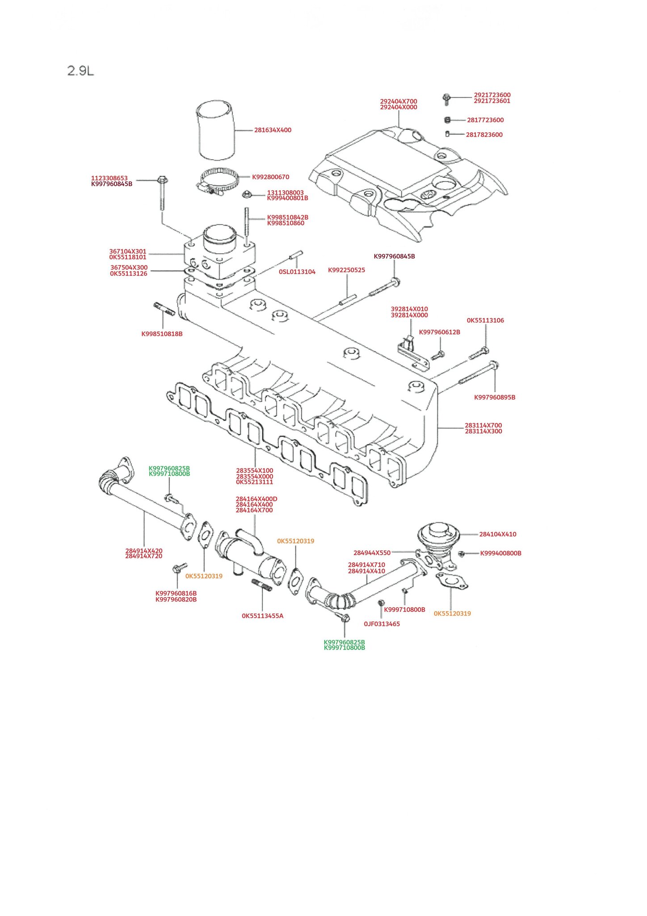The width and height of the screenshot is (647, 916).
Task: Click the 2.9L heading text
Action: [80, 71]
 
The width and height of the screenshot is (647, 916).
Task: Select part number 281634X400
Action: [273, 130]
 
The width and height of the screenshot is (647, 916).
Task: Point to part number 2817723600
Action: [485, 120]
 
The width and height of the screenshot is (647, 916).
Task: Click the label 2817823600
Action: [484, 135]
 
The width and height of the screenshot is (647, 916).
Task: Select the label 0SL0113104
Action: [297, 271]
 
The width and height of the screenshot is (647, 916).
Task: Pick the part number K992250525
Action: [346, 270]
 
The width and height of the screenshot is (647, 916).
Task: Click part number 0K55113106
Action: [485, 320]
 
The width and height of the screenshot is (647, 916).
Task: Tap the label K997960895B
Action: [495, 397]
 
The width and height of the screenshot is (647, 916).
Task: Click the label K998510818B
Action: [162, 334]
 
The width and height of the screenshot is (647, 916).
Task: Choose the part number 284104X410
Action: [498, 534]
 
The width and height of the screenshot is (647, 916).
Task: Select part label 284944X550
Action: [372, 553]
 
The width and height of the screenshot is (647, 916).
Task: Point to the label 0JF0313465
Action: [382, 624]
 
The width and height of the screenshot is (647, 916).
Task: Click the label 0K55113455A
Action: [263, 616]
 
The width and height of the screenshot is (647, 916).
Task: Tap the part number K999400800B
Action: [501, 553]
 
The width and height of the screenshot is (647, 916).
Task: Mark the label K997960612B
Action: [440, 332]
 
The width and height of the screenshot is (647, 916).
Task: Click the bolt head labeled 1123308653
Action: [162, 180]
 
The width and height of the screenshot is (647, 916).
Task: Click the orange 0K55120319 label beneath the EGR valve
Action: [452, 614]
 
